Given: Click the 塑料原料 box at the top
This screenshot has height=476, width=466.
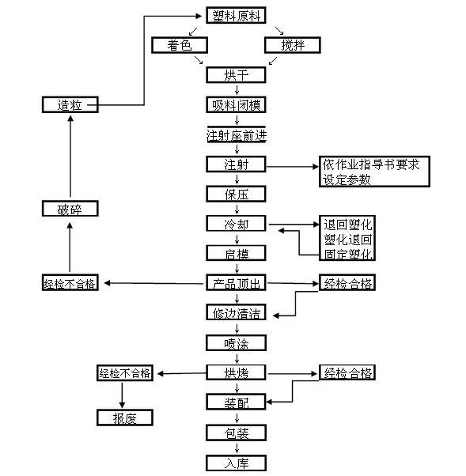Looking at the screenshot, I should coord(237,16).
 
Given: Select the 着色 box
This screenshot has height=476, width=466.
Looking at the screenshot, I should coord(180,45).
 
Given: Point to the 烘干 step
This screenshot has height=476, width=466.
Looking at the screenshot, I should coord(237,75).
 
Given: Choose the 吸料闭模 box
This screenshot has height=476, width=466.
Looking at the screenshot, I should coord(237,104).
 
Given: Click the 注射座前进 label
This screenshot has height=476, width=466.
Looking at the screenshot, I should coord(237,134).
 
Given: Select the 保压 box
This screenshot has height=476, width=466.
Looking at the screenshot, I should coord(237,194).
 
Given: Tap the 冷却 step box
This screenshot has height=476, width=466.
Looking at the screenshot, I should coord(237,224).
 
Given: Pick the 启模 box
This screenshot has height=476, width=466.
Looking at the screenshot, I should coord(237,253).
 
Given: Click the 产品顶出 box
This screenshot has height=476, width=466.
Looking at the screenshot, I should coord(237,283).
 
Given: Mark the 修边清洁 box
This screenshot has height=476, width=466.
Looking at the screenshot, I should coord(237,313).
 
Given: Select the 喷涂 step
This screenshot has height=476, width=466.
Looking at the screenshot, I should coord(237,343).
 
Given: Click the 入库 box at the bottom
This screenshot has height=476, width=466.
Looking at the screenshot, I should coord(237,463).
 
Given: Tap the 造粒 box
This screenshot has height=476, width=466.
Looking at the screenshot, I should coord(70,104).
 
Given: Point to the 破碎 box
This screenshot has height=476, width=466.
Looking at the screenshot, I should coord(70,209).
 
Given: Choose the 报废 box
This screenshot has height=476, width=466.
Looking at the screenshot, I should coord(125,417).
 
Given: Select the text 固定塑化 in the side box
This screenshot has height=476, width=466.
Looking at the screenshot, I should coord(347,254).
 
